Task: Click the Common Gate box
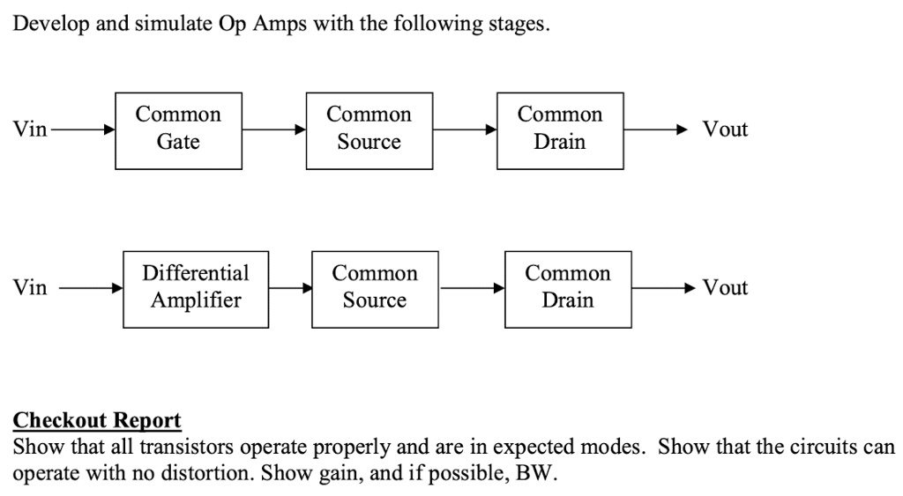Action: coord(179,130)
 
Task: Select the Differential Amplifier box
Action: coord(196,288)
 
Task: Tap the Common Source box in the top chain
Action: coord(369,130)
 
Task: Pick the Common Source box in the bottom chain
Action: coord(375,288)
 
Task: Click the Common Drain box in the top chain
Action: coord(560,130)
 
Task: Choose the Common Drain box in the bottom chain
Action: coord(568,288)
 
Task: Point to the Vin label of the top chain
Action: coord(30,130)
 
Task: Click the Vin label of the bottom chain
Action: coord(30,288)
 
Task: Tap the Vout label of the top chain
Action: coord(725,130)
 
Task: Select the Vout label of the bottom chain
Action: coord(725,288)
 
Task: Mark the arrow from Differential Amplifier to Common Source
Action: coord(290,288)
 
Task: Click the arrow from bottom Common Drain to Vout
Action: coord(666,288)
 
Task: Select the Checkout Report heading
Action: coord(97,420)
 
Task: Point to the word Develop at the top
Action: coord(50,24)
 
